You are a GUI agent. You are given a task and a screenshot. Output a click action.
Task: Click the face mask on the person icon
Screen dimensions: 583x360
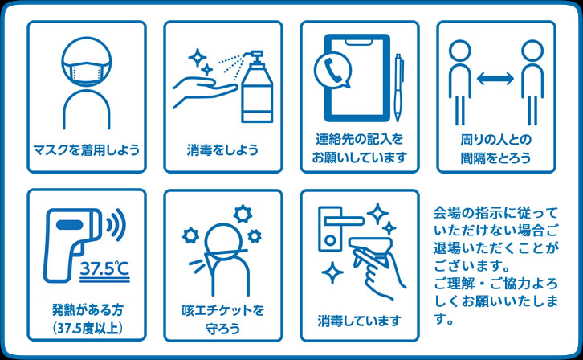point(86,72)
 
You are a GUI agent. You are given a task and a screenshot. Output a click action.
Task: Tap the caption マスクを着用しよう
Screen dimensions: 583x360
point(86,150)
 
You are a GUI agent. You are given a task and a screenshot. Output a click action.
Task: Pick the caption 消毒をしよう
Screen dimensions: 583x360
point(222,150)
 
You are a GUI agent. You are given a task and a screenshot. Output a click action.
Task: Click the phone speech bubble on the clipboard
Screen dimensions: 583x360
point(332,70)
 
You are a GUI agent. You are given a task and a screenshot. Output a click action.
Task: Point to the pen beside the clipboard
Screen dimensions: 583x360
point(398,88)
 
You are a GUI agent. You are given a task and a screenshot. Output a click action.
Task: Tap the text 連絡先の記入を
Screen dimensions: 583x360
point(360,140)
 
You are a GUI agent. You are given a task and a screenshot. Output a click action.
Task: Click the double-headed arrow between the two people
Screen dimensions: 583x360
point(495,79)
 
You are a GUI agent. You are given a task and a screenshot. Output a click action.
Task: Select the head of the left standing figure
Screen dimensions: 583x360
point(460,51)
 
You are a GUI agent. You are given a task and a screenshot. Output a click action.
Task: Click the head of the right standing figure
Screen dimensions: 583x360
point(532,51)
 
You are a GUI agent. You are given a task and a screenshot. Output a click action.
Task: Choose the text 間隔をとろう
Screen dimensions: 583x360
point(496,158)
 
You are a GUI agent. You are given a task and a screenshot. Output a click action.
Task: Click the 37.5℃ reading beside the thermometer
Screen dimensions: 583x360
point(105,269)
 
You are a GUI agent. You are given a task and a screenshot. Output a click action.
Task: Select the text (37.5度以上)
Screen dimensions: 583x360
point(87,329)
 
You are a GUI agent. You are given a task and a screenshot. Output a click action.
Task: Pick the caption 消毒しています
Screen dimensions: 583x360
point(360,321)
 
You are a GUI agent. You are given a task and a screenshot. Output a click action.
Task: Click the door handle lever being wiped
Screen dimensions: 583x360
point(344,220)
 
